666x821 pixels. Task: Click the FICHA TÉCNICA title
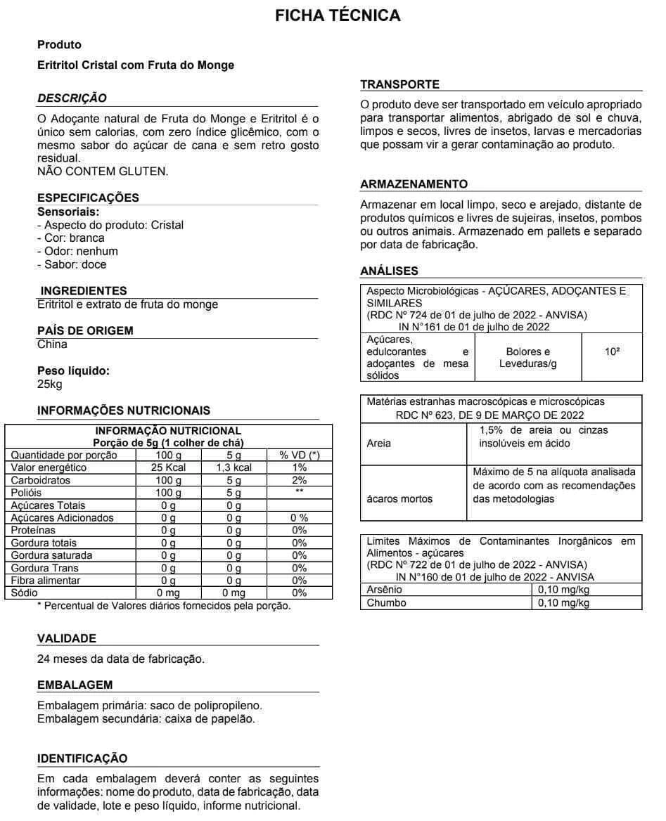pos(338,15)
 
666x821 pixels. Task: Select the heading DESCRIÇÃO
pos(72,98)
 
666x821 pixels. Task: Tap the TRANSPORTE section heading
pos(399,84)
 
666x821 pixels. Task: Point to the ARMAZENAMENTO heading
pos(414,184)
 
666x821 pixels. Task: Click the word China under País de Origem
pos(52,344)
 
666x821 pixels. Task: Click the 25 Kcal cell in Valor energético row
pos(167,467)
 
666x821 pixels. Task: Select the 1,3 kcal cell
pos(233,467)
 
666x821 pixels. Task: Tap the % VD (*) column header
pos(299,455)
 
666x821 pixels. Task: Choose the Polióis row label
pos(27,493)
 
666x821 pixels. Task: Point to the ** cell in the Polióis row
pos(299,493)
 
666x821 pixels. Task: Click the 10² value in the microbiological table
pos(612,351)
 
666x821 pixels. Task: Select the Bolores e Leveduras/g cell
pos(527,357)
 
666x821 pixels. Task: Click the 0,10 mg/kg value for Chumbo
pos(563,602)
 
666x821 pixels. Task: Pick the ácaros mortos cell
pos(400,499)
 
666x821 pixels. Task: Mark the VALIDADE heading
pos(66,638)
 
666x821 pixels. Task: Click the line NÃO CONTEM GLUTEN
pos(102,172)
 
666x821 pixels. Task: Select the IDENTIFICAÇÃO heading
pos(82,758)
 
